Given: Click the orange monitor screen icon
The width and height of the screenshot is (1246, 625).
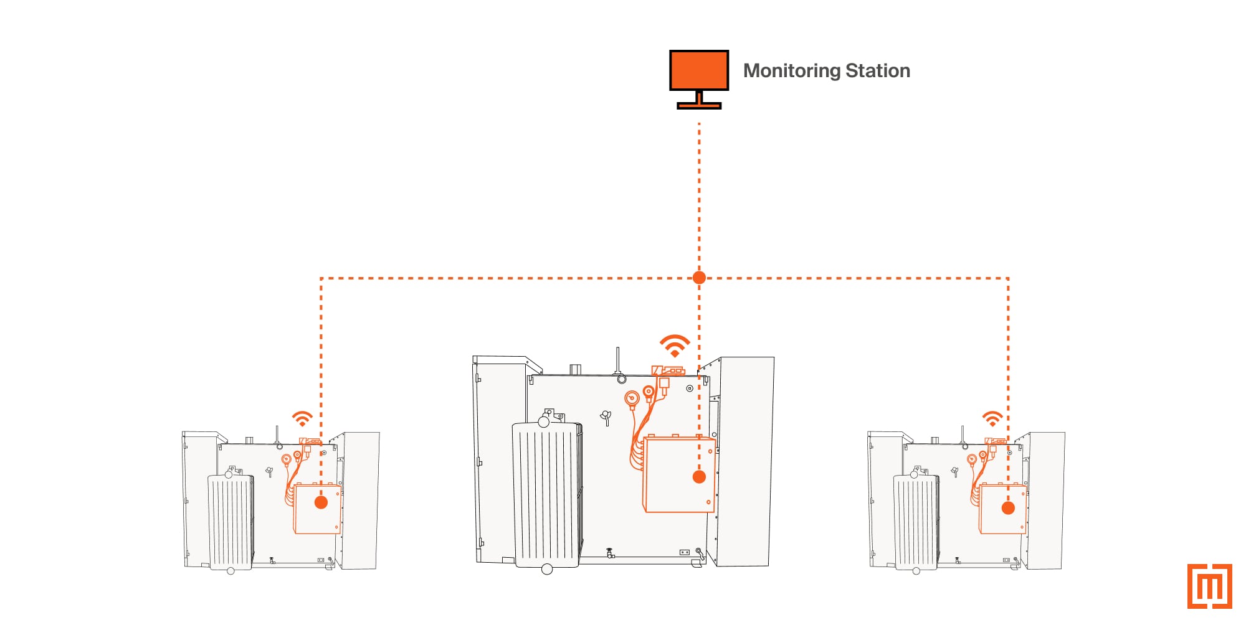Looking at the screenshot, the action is pos(699,70).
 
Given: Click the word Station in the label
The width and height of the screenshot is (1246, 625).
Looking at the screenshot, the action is pos(878,70).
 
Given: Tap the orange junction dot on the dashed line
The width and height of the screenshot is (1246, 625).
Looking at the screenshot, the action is pos(699,278).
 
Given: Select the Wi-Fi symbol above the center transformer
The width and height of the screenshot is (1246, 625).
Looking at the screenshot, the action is pos(675,345).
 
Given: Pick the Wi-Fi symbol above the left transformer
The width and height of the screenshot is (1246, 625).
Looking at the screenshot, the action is pos(302,418).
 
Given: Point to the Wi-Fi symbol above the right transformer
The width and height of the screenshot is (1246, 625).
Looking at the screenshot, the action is pos(992,418).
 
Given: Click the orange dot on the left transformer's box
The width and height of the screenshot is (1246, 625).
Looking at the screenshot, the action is pos(321,502).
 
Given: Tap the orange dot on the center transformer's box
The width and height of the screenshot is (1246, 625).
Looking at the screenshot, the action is pos(699,477).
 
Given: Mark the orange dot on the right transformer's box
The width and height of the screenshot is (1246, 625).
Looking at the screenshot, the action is pos(1008,508).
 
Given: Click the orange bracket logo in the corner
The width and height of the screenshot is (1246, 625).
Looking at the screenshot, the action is pos(1210,586).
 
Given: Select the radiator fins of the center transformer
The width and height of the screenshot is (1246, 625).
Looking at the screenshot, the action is pos(548,496).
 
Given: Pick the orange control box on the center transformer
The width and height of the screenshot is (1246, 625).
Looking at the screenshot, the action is pos(679,474).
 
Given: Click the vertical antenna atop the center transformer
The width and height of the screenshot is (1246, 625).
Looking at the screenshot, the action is pos(617,361).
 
